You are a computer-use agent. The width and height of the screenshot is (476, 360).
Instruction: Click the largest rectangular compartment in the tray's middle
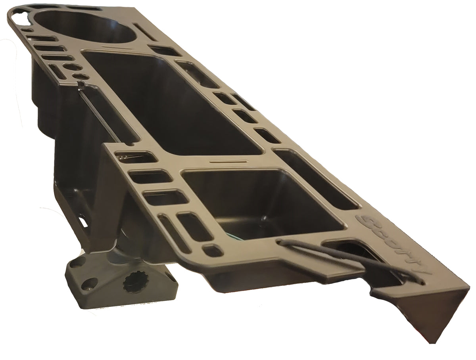167,103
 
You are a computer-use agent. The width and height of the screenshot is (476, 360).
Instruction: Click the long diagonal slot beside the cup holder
145,32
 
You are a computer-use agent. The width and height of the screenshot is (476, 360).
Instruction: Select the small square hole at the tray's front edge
212,250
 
